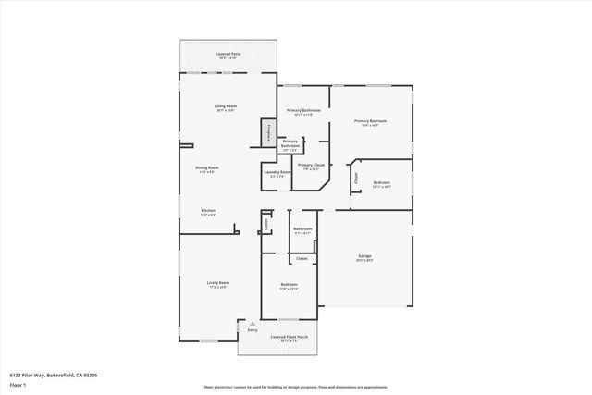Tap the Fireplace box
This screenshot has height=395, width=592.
tap(268, 131)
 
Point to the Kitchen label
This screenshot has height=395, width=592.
tap(208, 212)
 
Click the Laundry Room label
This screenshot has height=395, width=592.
tap(277, 173)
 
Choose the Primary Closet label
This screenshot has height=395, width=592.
tap(311, 166)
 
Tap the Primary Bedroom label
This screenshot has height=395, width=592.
tap(370, 122)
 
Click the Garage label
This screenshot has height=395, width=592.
tap(364, 257)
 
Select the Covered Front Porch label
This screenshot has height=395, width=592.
tap(278, 338)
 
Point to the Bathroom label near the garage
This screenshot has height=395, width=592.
tap(303, 229)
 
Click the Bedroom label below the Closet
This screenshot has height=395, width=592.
tap(289, 286)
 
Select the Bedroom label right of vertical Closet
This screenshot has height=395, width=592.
tap(381, 184)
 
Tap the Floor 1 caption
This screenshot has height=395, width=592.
tap(18, 384)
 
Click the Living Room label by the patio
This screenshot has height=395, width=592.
tap(226, 108)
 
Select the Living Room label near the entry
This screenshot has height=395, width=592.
tap(217, 284)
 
